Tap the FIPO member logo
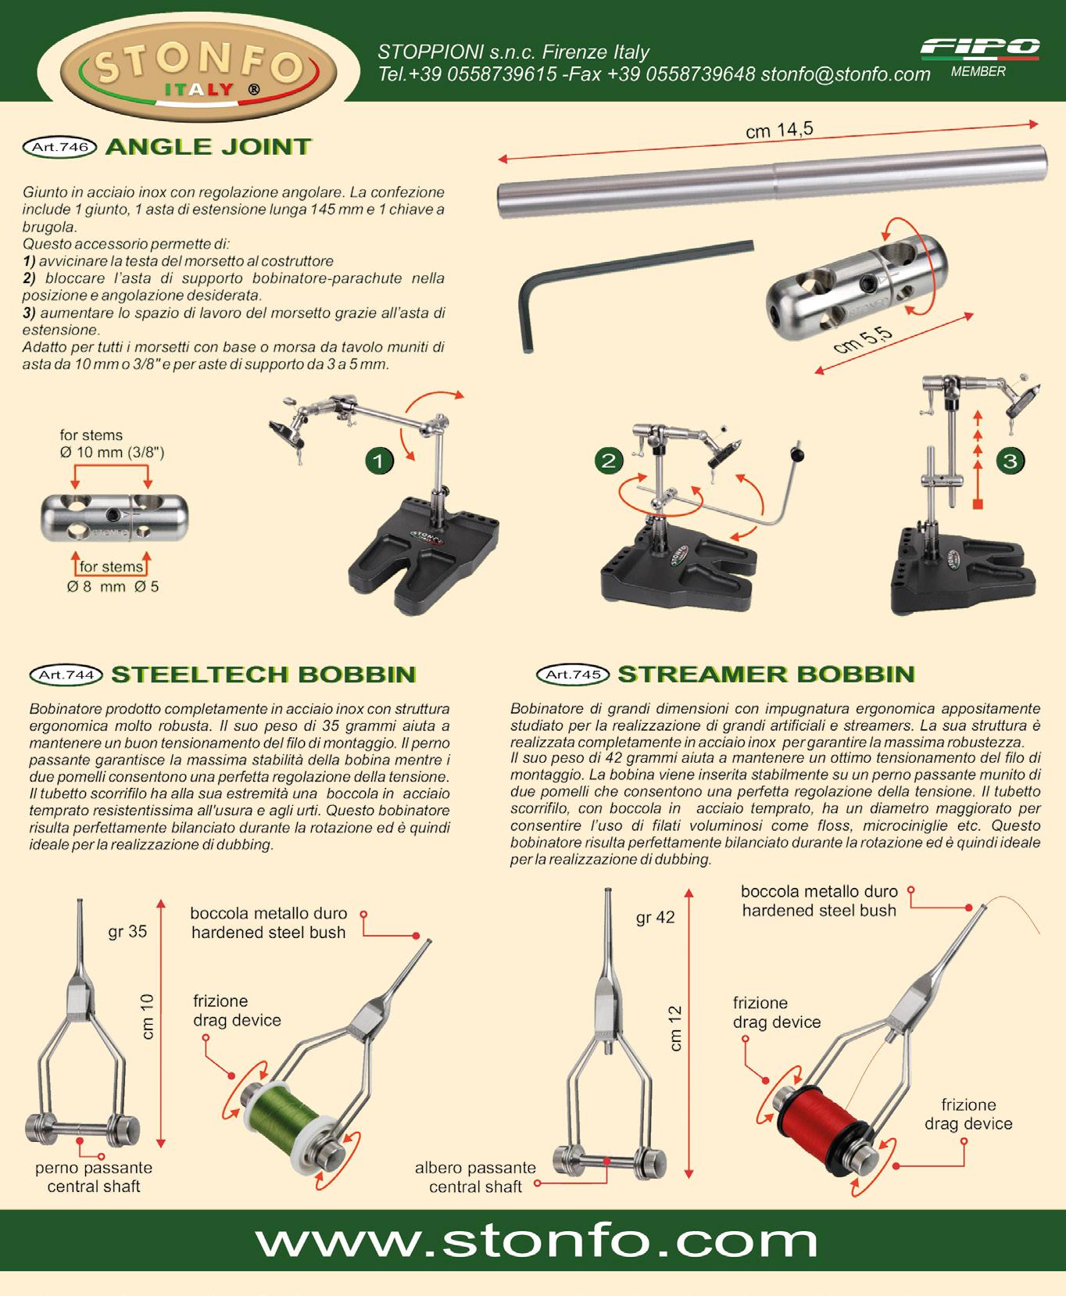point(979,57)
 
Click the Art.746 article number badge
point(60,147)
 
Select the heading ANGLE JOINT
point(209,147)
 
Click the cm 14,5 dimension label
point(779,130)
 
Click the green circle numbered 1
point(379,461)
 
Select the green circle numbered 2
point(609,460)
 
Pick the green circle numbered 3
point(1010,460)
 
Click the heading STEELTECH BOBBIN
point(263,675)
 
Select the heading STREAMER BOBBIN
point(766,674)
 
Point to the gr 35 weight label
point(127,932)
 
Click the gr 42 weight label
point(655,918)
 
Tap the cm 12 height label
point(676,1029)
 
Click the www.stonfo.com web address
point(536,1241)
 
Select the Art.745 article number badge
point(573,674)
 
